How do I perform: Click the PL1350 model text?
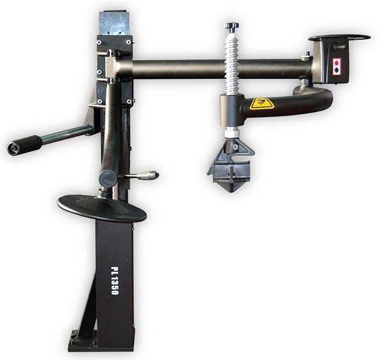coord(115,281)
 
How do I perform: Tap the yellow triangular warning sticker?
coord(262,104)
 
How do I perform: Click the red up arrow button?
coord(336,63)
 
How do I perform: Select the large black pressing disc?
coord(102,208)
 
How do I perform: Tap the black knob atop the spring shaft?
coord(232,27)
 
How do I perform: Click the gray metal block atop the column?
coord(113,23)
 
